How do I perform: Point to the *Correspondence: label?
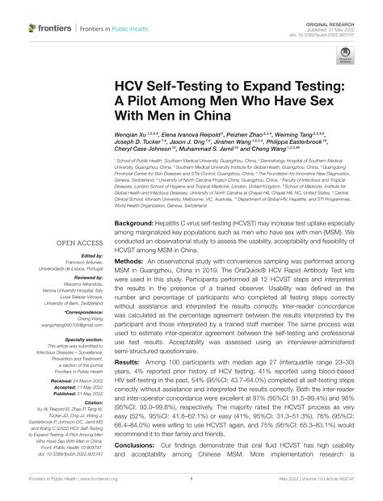tap(79, 311)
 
